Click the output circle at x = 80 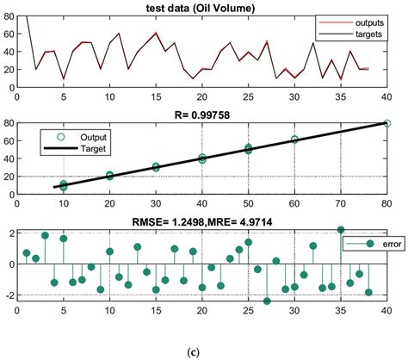click(386, 123)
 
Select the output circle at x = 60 click(294, 140)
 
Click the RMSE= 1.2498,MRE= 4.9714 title click(204, 220)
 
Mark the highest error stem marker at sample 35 click(340, 230)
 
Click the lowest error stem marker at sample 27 click(267, 301)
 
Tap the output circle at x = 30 click(156, 166)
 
